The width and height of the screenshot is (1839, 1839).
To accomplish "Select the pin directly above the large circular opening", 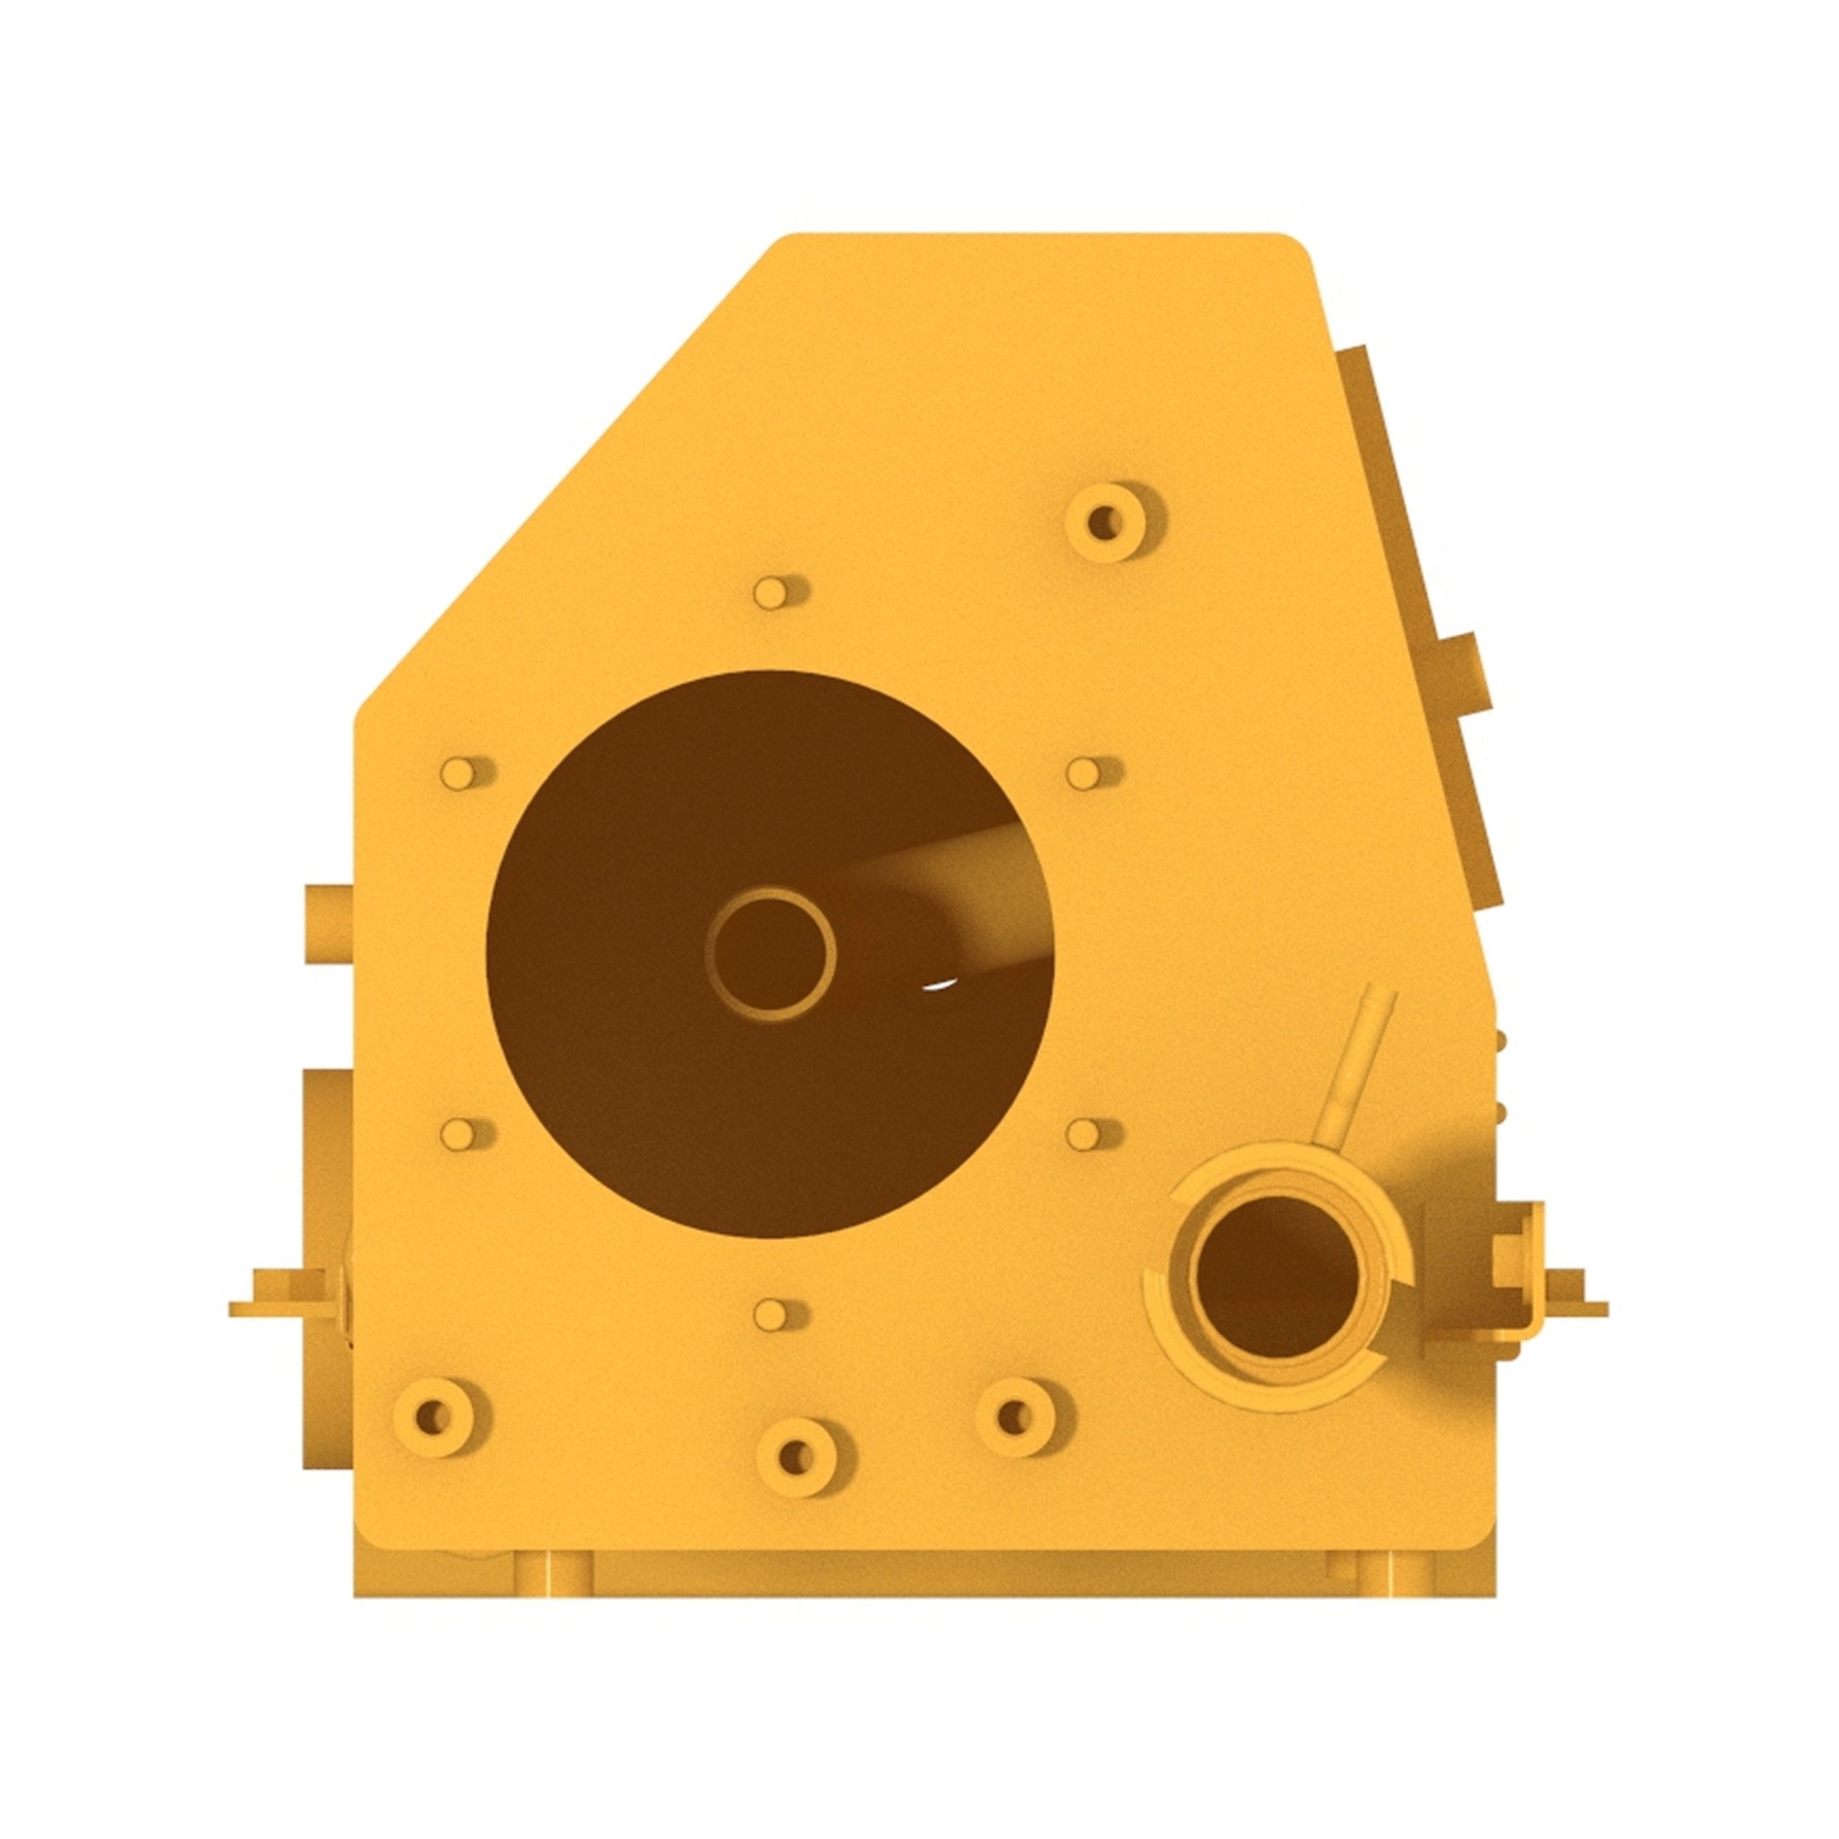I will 771,593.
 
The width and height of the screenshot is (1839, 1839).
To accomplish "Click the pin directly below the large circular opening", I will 771,1315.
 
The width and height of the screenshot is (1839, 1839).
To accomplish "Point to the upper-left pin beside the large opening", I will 459,774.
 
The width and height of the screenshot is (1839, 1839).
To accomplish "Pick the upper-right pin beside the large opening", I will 1084,774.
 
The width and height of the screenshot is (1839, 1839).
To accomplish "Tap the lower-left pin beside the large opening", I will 459,1134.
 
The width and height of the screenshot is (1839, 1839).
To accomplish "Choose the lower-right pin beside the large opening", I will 1084,1134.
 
